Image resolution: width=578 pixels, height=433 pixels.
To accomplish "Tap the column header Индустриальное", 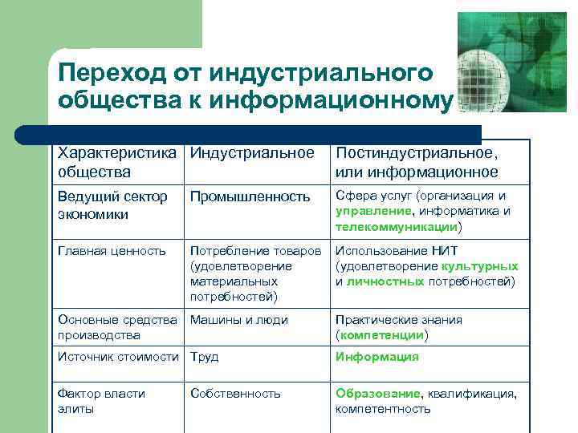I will coord(252,153).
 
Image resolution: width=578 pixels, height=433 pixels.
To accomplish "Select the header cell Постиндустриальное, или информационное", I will coord(417,162).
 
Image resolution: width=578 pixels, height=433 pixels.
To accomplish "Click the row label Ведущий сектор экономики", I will coord(112,204).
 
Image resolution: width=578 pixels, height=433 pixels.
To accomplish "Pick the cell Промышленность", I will coord(250,196).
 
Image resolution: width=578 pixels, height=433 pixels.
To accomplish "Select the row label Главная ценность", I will coord(112,250).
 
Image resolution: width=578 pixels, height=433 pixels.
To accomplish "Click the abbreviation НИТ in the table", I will coord(445,250).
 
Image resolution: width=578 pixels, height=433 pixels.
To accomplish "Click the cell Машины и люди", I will coord(238,319).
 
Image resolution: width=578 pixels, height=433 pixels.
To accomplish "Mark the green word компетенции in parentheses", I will coord(381,334).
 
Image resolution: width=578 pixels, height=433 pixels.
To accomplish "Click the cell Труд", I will coord(204,357).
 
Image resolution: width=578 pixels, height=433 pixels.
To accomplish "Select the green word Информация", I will coord(377,357).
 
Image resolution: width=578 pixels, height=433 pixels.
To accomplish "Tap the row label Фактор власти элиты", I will coord(101,401).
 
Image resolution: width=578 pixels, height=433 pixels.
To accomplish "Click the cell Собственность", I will coord(235,393).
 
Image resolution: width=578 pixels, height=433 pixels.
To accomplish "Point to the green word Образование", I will coord(377,393).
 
